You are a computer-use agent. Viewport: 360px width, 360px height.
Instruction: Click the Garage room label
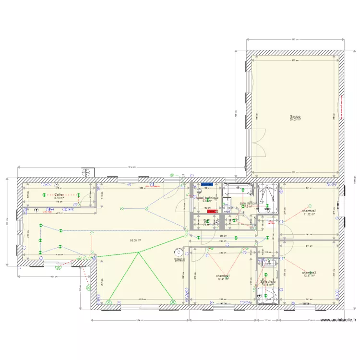tap(295, 117)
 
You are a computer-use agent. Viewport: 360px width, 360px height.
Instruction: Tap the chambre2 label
tap(309, 211)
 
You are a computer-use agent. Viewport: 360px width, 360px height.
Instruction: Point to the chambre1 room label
tap(223, 276)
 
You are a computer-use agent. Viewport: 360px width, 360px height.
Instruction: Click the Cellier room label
tap(59, 194)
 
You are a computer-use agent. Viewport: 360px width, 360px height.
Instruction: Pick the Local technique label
tap(207, 197)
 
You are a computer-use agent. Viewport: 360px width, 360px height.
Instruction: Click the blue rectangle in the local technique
tap(207, 184)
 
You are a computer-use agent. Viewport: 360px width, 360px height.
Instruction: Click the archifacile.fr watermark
tap(338, 320)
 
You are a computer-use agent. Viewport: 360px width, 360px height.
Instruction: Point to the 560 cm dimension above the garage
tap(295, 40)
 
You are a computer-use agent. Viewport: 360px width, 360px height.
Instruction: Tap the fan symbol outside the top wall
tap(86, 172)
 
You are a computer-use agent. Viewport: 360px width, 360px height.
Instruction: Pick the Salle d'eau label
tap(266, 282)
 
